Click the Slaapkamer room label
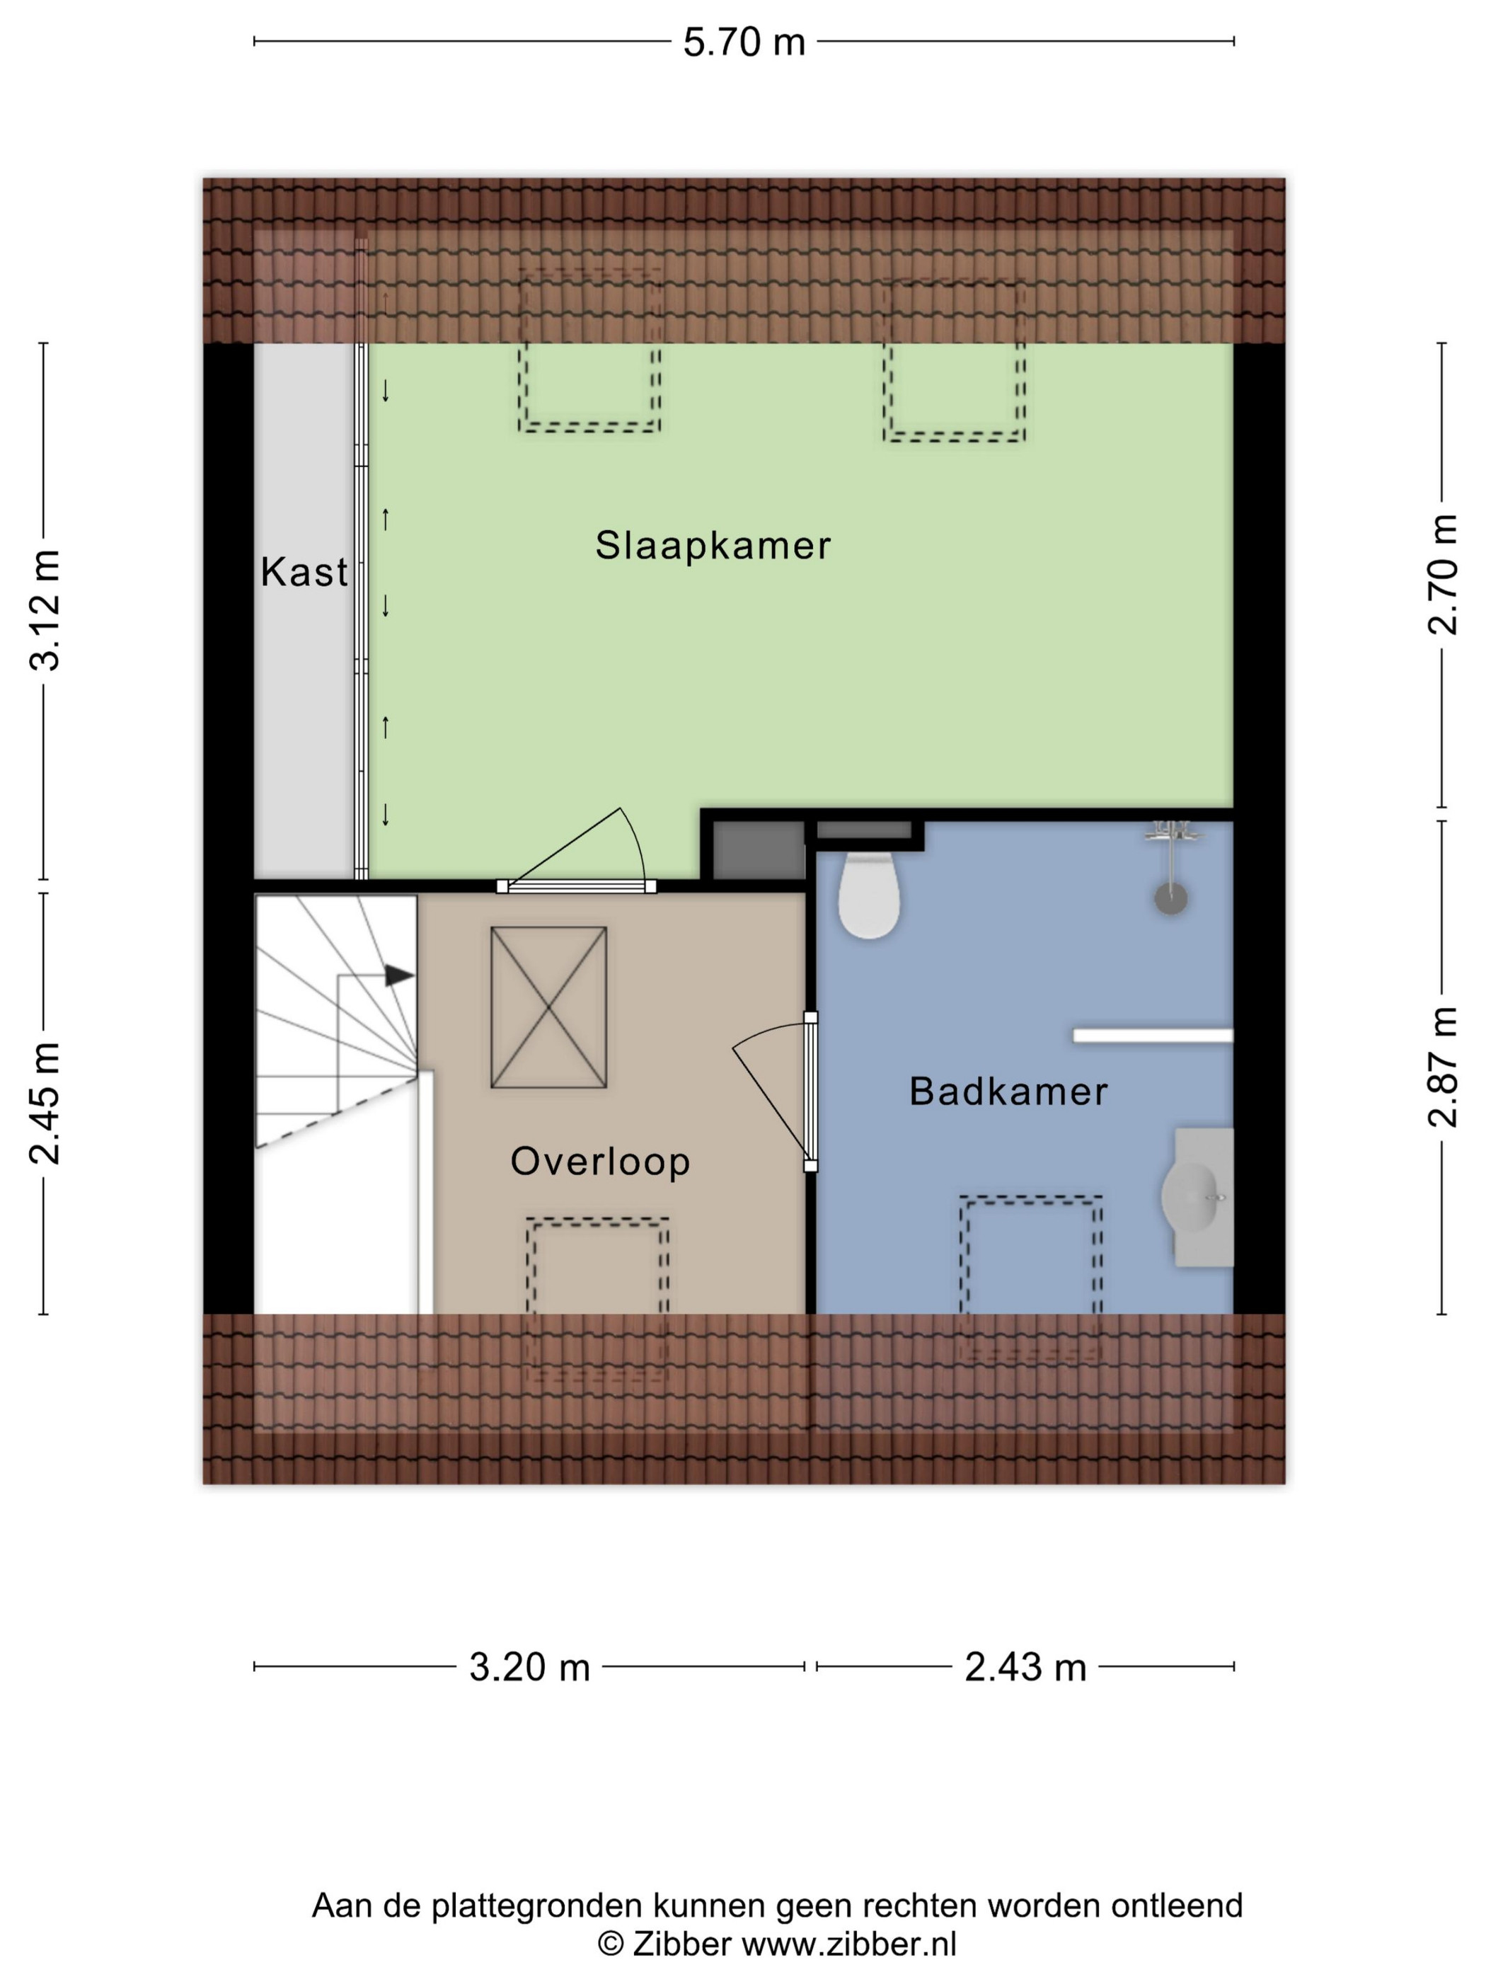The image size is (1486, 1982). [713, 546]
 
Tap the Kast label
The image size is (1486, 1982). [304, 572]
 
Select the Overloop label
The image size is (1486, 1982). [600, 1162]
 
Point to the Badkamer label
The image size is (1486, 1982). [1008, 1092]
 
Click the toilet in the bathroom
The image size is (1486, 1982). [869, 896]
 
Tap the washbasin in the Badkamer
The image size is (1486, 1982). [1197, 1197]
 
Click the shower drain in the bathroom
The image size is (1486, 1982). [1170, 898]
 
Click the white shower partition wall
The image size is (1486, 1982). [1153, 1036]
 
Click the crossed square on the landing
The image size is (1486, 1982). [548, 1007]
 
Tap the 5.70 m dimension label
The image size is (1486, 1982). [744, 42]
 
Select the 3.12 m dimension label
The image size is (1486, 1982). [45, 610]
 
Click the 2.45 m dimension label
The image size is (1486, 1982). [45, 1103]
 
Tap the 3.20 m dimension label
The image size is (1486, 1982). [529, 1668]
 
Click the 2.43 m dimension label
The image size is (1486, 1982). [1025, 1668]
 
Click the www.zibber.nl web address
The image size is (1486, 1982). [849, 1944]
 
